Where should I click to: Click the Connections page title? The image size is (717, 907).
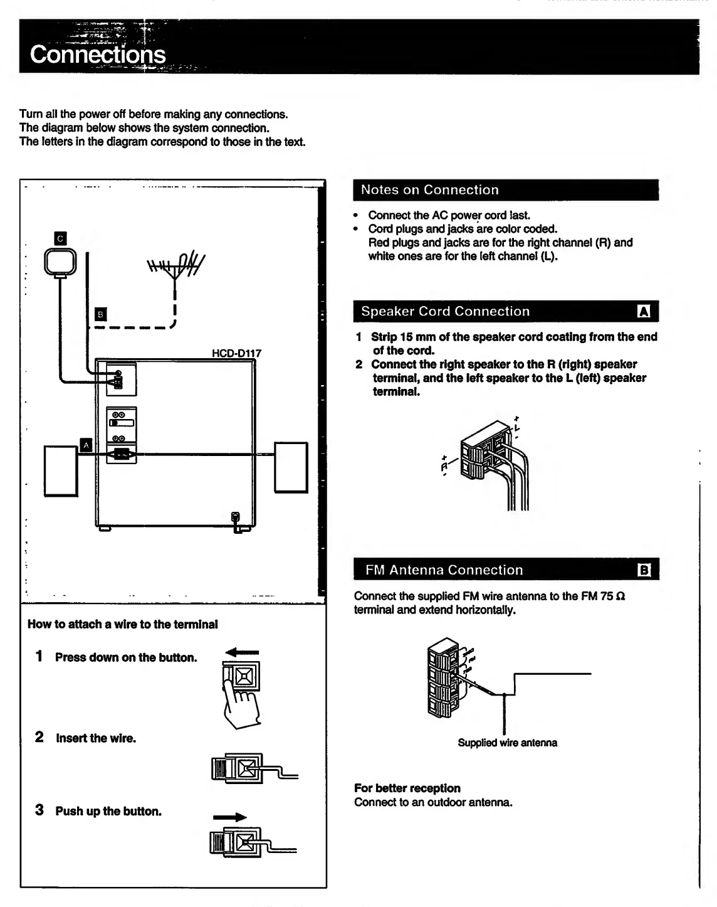point(98,55)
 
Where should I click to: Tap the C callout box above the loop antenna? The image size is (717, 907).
point(60,238)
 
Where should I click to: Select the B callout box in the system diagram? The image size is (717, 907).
point(100,314)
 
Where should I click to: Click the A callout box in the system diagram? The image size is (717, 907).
point(86,445)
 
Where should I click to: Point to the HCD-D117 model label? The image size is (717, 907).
point(236,353)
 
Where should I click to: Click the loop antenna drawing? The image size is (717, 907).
point(60,262)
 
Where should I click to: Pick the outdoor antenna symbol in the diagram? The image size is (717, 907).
point(175,267)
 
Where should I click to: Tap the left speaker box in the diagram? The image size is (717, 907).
point(61,470)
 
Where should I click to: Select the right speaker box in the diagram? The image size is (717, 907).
point(291,467)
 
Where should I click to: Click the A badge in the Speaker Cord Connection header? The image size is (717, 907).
point(644,312)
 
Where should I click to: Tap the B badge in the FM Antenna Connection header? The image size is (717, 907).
point(644,570)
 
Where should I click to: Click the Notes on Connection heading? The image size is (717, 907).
point(430,190)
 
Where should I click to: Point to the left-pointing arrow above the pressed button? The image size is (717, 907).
point(241,652)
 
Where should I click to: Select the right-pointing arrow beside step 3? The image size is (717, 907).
point(229,817)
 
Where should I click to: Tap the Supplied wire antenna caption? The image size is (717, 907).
point(507,743)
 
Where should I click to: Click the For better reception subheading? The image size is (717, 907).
point(407,788)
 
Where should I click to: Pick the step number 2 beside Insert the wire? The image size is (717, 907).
point(39,738)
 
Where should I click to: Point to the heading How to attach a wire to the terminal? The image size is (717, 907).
point(123,624)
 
